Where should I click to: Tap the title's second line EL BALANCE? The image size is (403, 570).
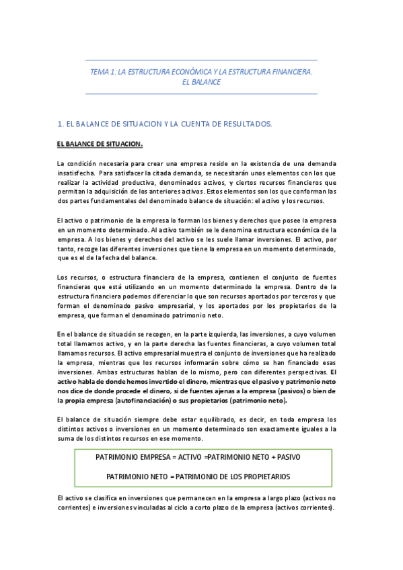[202, 82]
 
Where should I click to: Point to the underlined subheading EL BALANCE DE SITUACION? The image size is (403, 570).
[100, 145]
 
